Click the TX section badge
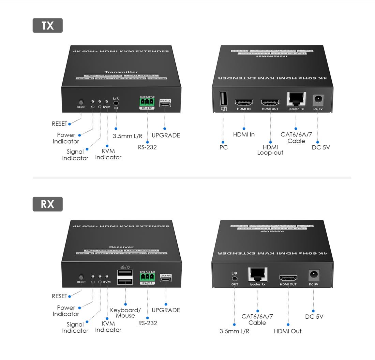click(x=47, y=26)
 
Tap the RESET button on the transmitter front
click(x=81, y=102)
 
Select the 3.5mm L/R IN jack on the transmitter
click(x=116, y=102)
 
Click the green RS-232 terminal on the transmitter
click(x=147, y=103)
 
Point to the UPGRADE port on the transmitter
click(x=165, y=104)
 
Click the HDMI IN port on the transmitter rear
click(x=243, y=102)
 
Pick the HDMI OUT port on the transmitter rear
click(x=270, y=102)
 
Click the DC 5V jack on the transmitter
click(x=318, y=100)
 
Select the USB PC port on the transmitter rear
click(x=223, y=99)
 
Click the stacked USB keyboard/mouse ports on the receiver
click(x=125, y=276)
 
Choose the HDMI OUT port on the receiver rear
click(x=288, y=278)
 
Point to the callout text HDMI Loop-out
click(x=270, y=150)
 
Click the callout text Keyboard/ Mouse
click(x=125, y=313)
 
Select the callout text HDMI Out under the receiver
click(x=288, y=331)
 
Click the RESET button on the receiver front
click(x=81, y=277)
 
